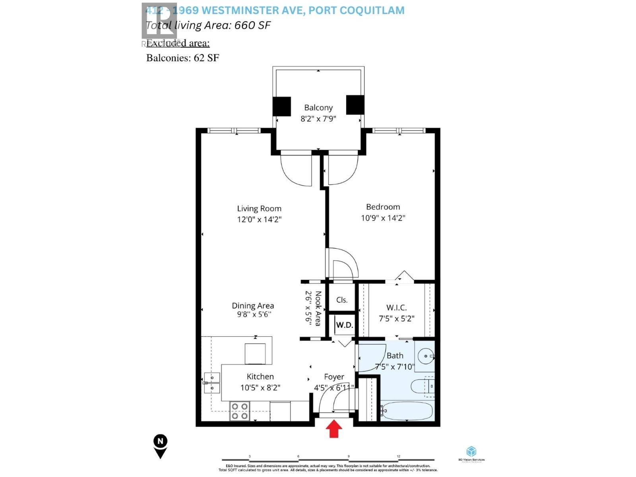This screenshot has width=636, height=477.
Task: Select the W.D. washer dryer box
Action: (x=344, y=325)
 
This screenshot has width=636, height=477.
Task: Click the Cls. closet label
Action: (x=342, y=300)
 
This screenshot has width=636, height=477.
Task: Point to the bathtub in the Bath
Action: (x=406, y=411)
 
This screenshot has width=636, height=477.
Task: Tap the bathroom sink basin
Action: (x=425, y=356)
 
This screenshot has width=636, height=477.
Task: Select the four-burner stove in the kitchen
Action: (x=240, y=411)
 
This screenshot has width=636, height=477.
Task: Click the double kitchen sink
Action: (x=212, y=382)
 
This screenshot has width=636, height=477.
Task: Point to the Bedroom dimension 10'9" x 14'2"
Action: (x=383, y=218)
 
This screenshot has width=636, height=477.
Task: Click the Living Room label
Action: (x=259, y=208)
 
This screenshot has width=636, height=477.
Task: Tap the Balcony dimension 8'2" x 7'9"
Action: (x=318, y=118)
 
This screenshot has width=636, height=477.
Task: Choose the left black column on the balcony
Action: (x=281, y=106)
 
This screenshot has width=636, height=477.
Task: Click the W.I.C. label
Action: (x=396, y=307)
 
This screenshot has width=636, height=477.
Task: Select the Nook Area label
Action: (x=318, y=308)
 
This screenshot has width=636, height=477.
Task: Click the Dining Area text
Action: (x=253, y=306)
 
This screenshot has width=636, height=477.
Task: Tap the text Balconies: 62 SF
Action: (x=182, y=58)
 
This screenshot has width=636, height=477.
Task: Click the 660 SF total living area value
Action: (x=252, y=25)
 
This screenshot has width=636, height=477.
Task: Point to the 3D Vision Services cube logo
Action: (x=471, y=452)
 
